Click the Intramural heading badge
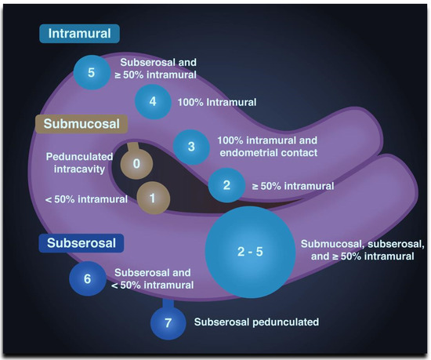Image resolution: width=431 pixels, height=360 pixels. [x=79, y=34]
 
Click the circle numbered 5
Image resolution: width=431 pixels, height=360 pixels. [x=92, y=73]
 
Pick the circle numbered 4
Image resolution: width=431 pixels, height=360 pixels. [x=153, y=102]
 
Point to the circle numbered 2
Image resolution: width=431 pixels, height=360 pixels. [x=226, y=186]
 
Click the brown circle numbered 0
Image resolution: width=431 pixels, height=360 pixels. [x=136, y=165]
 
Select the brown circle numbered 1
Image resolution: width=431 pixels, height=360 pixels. [x=152, y=198]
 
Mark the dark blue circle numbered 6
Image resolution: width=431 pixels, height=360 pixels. [x=87, y=278]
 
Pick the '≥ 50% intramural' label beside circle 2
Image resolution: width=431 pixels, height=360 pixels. [x=290, y=186]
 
